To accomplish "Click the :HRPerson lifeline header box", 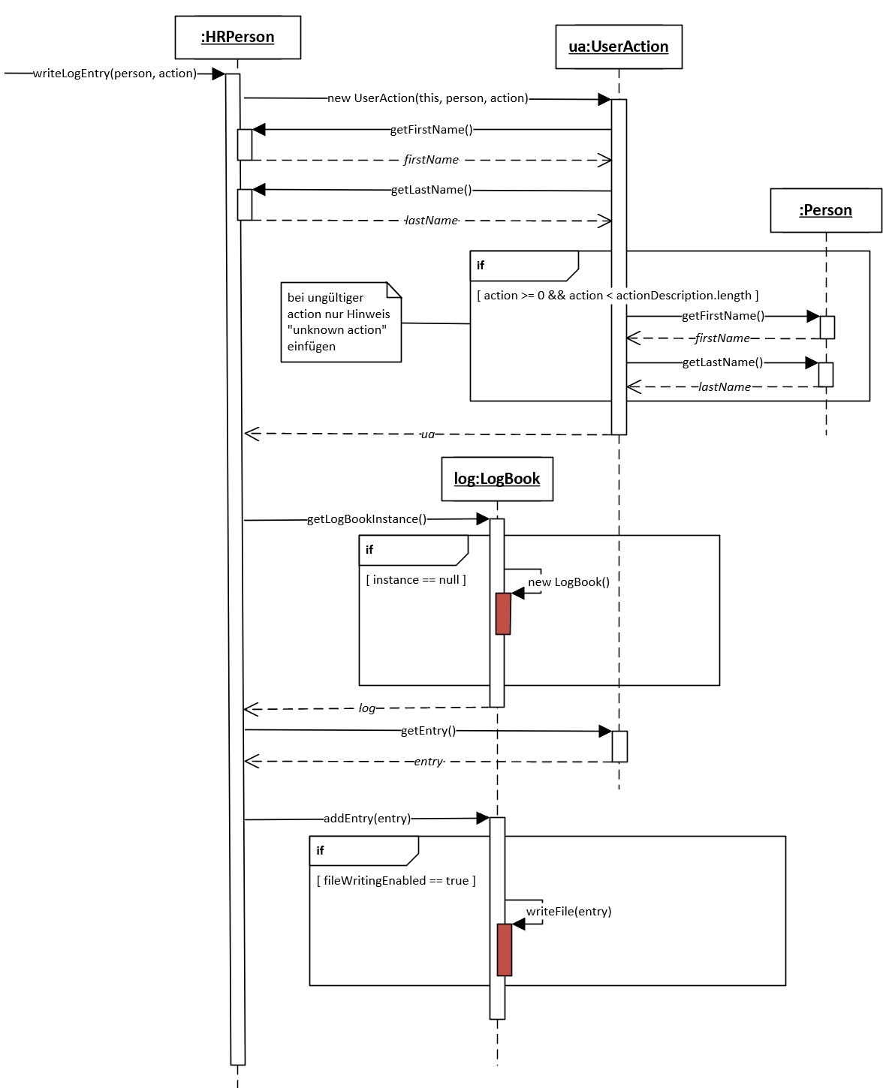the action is point(237,38).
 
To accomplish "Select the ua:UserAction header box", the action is point(618,47).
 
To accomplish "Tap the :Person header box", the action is point(825,210).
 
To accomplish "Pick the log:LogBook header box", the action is point(496,479).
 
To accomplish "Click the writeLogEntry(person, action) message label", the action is point(115,74).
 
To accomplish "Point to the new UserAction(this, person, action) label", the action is point(428,98).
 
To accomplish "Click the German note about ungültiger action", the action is point(341,322).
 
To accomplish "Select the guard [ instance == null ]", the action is point(416,580).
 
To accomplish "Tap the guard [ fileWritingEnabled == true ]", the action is point(396,880).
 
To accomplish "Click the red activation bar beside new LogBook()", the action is point(503,614).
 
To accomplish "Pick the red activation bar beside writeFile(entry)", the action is point(505,950).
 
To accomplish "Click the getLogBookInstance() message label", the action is point(366,519).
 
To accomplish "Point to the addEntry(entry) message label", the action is point(367,819).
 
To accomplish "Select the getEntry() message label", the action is point(428,730).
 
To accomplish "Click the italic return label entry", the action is point(428,761).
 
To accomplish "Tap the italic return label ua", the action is point(428,434).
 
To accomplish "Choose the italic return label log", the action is point(367,708).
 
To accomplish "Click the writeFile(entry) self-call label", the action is point(568,911).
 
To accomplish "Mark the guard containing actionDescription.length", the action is point(617,295).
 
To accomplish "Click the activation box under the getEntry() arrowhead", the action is point(619,747).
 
